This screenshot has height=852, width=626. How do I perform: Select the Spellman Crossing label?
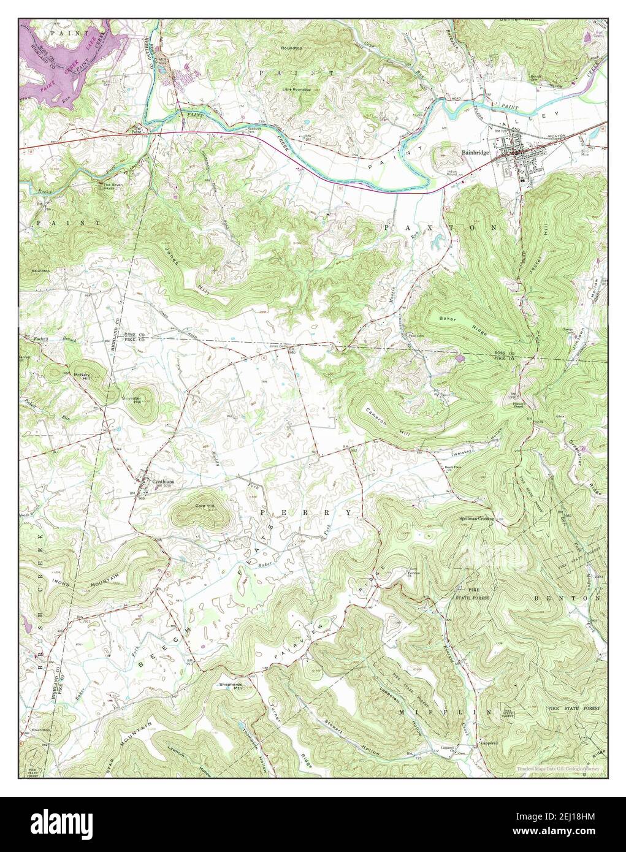(x=476, y=518)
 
